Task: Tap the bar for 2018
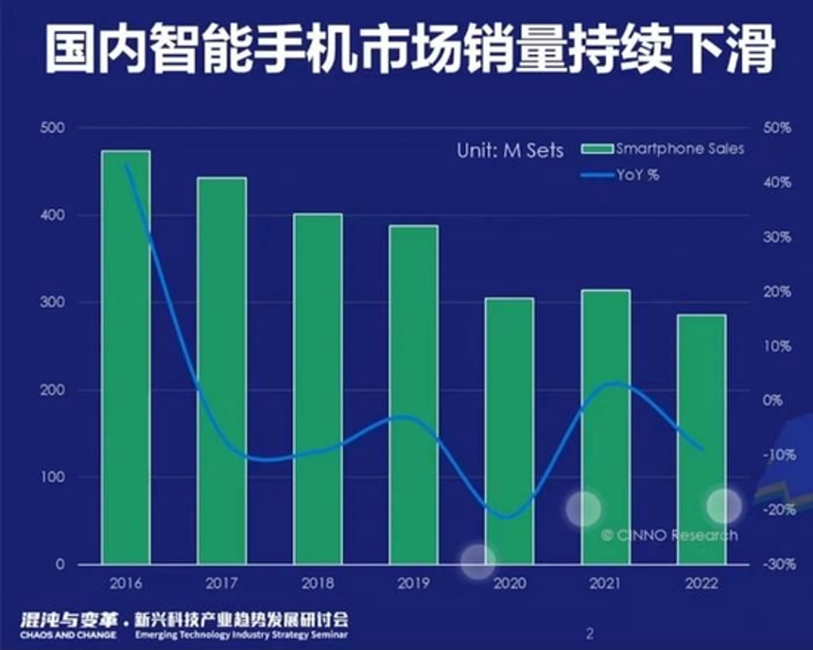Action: pos(318,388)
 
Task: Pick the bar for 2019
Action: pos(413,394)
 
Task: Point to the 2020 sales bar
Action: pos(510,431)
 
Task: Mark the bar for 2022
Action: pos(701,439)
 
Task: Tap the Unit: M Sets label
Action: pos(510,150)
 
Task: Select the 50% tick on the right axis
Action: pos(776,128)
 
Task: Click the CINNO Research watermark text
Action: pos(669,536)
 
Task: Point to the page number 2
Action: pos(590,633)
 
